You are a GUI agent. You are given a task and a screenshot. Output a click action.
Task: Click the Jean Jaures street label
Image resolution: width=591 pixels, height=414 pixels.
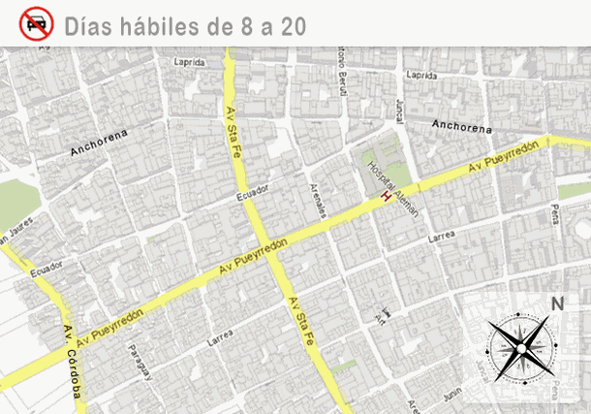point(21,230)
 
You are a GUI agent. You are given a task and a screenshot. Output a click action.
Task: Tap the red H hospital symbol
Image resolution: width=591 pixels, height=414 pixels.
point(387,198)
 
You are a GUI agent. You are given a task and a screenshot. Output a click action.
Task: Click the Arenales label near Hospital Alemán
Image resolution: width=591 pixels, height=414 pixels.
point(318,198)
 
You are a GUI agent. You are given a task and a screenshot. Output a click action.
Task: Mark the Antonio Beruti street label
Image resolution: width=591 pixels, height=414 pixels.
point(342,73)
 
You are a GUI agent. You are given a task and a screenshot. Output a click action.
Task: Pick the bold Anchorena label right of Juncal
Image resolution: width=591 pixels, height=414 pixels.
point(461,126)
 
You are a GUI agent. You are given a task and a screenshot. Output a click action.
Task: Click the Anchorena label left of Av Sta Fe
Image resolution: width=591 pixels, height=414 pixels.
point(99,144)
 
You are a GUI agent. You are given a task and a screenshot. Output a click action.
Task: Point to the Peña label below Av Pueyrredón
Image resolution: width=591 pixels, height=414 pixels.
point(556,211)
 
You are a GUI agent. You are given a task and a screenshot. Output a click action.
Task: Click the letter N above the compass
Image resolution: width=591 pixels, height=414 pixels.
point(557,303)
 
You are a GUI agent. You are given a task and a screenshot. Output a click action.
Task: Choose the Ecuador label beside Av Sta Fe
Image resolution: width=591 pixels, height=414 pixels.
point(252,194)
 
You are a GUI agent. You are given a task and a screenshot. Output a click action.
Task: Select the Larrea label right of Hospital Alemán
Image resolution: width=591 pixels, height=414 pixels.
point(442,236)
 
